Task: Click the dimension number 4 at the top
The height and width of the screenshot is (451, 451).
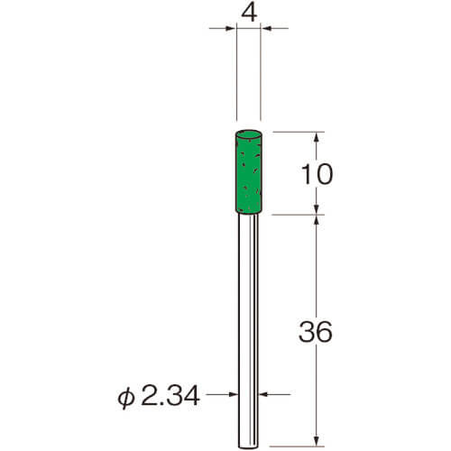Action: pyautogui.click(x=249, y=14)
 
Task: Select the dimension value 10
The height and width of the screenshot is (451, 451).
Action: pyautogui.click(x=317, y=174)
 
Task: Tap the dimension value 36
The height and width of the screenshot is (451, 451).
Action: pyautogui.click(x=316, y=332)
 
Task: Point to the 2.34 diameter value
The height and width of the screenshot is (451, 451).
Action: pyautogui.click(x=170, y=395)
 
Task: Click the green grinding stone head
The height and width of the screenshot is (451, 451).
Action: pyautogui.click(x=249, y=171)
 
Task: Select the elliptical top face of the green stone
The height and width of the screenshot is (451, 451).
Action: pyautogui.click(x=248, y=134)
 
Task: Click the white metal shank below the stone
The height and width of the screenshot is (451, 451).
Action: pyautogui.click(x=248, y=330)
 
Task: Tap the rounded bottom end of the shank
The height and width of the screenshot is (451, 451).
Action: pyautogui.click(x=248, y=446)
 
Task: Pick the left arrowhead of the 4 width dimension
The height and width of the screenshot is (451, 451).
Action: pyautogui.click(x=230, y=29)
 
